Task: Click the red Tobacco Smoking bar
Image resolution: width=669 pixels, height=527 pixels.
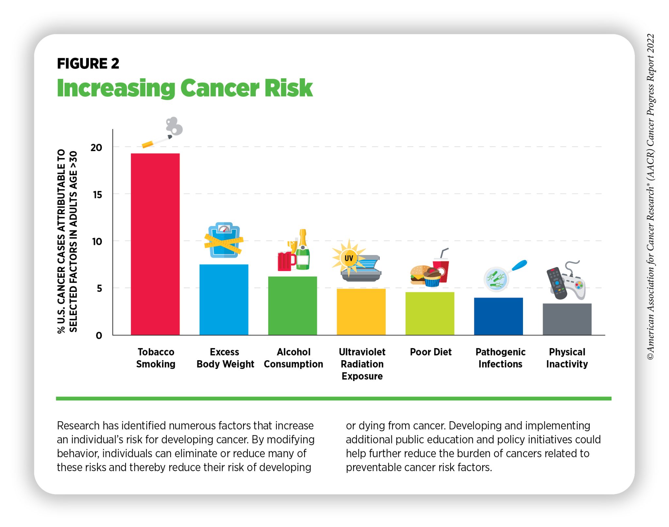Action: point(155,244)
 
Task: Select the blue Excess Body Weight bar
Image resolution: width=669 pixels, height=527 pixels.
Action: point(224,299)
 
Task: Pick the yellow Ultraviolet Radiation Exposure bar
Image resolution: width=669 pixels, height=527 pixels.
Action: point(361,311)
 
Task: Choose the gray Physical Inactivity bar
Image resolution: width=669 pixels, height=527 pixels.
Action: point(567,319)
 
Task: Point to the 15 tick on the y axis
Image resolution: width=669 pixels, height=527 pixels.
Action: point(97,195)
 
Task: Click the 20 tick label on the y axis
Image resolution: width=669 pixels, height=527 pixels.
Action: point(96,148)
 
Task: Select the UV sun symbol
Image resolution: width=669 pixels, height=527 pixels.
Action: point(349,258)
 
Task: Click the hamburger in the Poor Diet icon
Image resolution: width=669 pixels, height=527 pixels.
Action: point(418,275)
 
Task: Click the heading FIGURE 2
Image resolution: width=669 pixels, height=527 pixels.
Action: point(88,63)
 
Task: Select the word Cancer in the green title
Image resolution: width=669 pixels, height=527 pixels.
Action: point(220,88)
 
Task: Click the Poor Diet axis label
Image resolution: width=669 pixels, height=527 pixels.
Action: point(431,352)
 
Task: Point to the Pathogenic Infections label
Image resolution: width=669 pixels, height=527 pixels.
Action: point(500,358)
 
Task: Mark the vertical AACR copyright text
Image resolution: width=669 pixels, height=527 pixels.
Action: point(650,196)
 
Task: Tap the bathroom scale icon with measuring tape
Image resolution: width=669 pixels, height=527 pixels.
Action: point(224,241)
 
